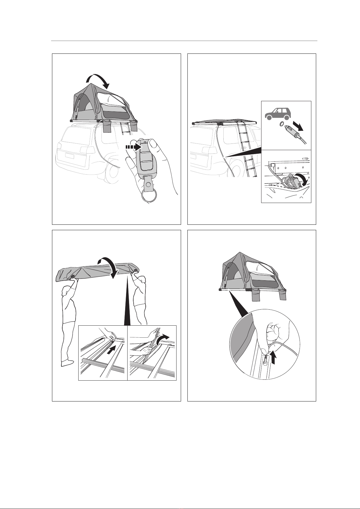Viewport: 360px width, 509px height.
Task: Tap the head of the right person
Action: tap(143, 279)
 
